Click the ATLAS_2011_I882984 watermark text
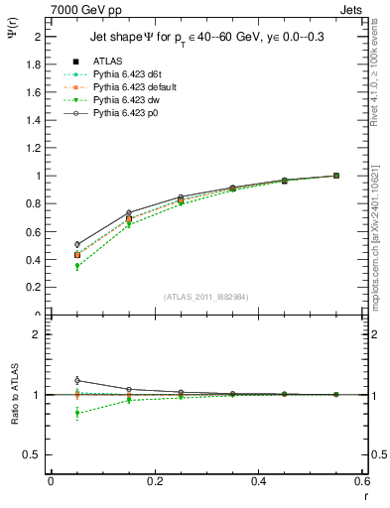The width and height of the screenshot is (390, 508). click(x=204, y=296)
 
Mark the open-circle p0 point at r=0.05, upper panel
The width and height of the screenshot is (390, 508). click(x=76, y=244)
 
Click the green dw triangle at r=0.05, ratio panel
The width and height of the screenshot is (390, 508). click(x=76, y=413)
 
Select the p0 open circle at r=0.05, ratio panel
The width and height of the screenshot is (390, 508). click(x=76, y=380)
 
